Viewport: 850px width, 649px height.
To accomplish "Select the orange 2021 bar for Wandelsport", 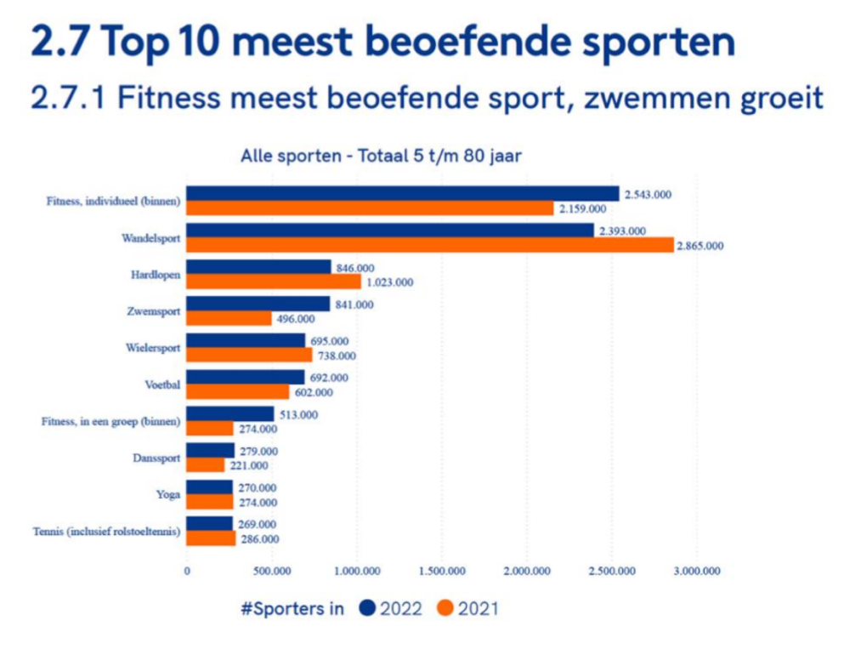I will [429, 246].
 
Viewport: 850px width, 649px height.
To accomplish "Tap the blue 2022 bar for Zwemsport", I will [258, 304].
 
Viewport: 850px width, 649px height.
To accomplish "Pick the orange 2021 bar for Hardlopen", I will [274, 282].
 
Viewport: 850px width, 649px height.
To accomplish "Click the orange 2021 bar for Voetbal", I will [237, 392].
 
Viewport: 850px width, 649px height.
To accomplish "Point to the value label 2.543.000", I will [648, 194].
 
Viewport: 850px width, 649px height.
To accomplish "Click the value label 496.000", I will [297, 319].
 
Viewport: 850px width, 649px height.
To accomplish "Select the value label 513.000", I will [298, 414].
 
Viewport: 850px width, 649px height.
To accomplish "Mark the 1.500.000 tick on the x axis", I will [443, 571].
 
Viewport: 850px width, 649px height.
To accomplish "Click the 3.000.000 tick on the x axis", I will [697, 571].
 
